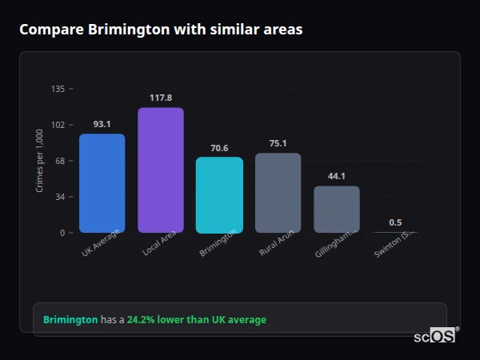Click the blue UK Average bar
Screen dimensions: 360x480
point(102,183)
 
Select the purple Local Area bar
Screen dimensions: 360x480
point(161,170)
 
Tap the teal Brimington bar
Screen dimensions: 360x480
point(219,194)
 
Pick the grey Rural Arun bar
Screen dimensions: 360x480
point(278,193)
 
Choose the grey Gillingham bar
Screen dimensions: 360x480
point(337,209)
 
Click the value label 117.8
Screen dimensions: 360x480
point(161,98)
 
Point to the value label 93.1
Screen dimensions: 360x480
point(102,124)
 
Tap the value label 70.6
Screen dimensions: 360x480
point(219,148)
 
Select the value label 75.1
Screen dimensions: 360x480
point(278,143)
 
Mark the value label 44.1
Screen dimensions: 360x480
point(337,176)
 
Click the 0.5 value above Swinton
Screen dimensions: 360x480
point(395,222)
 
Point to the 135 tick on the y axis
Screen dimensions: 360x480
point(58,89)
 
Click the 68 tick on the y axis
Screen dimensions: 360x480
point(59,161)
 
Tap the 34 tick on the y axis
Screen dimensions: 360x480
point(59,197)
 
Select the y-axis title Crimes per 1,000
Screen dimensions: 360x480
point(40,161)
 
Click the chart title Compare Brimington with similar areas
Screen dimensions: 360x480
point(161,30)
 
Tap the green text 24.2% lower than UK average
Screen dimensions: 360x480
point(197,319)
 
